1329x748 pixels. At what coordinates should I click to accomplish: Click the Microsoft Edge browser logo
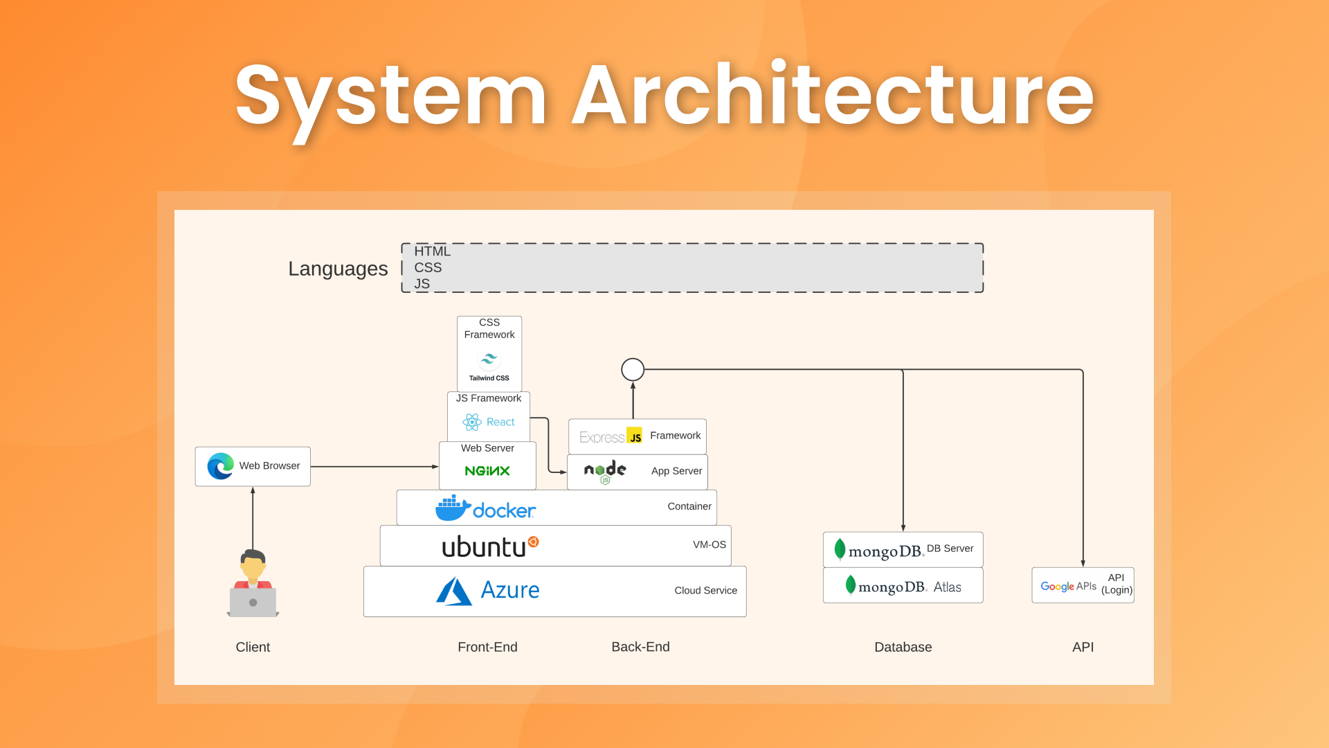click(x=221, y=466)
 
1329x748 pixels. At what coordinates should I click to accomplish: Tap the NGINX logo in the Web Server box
click(x=487, y=471)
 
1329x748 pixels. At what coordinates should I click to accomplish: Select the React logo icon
click(x=472, y=422)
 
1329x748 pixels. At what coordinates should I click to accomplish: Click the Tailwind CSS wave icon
click(x=489, y=359)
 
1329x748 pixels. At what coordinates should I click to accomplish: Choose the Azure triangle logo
click(x=454, y=591)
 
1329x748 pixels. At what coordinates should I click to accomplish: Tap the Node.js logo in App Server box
click(x=605, y=472)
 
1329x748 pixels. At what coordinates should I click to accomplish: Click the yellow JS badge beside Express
click(x=634, y=435)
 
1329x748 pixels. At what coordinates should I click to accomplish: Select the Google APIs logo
click(x=1068, y=587)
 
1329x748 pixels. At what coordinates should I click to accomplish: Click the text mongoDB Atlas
click(x=910, y=587)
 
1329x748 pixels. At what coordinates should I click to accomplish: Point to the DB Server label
click(x=950, y=549)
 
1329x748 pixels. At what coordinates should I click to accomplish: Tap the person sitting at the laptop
click(x=253, y=583)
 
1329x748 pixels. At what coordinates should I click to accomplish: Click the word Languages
click(x=338, y=269)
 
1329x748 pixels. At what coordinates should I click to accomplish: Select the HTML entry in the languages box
click(x=432, y=251)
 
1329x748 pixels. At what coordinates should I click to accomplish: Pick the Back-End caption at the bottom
click(x=640, y=647)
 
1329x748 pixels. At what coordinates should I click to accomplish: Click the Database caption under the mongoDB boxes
click(x=903, y=647)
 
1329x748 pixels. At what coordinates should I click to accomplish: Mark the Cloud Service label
click(x=705, y=591)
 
